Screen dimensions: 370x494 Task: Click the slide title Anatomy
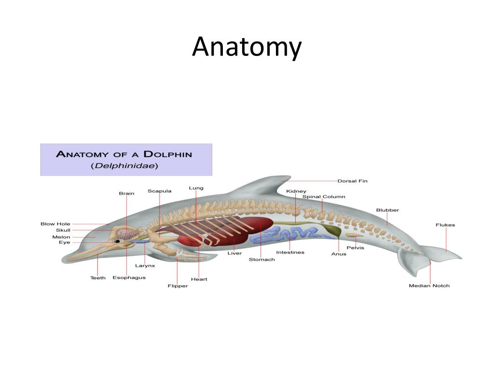click(247, 47)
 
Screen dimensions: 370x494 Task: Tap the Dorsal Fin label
click(352, 181)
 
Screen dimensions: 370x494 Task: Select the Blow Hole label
click(55, 224)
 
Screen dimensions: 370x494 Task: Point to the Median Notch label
click(429, 286)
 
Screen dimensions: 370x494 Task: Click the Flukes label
click(445, 225)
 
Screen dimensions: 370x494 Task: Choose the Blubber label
click(387, 210)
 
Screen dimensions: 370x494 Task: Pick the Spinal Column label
click(323, 197)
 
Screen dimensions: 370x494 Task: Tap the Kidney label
click(296, 191)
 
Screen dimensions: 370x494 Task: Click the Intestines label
click(290, 252)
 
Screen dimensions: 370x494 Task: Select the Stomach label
click(261, 260)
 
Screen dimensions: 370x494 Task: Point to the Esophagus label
click(129, 277)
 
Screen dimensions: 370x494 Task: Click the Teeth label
click(98, 277)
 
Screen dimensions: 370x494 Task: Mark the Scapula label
click(159, 191)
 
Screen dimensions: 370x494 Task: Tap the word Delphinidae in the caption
click(126, 166)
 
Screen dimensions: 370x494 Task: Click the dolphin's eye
click(117, 241)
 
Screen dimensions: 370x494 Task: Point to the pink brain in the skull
click(128, 234)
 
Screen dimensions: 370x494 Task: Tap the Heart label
click(199, 279)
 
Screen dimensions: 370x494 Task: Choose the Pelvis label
click(355, 248)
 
